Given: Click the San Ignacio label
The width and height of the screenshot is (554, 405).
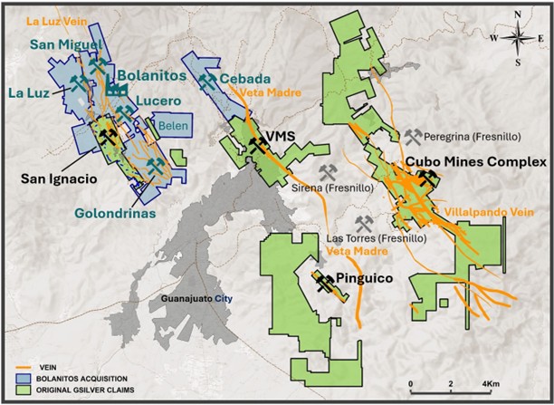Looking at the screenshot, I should click(59, 179).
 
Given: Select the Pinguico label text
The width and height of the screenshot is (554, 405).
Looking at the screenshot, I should click(363, 279).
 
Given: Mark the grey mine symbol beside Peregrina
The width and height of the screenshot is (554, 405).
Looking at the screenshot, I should click(413, 137).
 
